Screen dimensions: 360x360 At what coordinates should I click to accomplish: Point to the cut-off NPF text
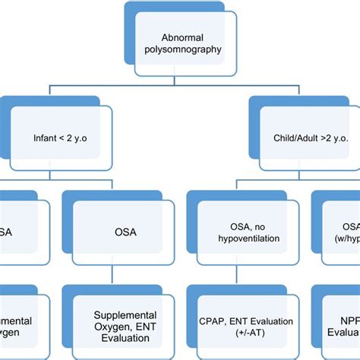(348, 321)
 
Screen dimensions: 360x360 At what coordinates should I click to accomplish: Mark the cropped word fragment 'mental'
(15, 321)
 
